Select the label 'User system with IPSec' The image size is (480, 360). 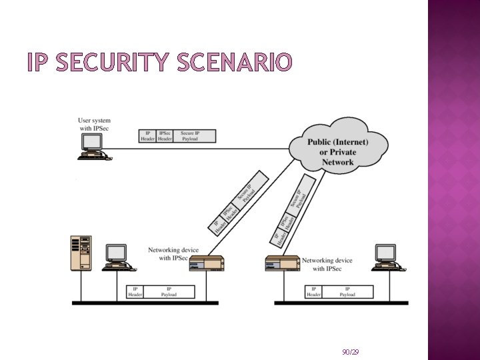coord(94,124)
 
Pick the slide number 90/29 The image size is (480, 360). coord(350,351)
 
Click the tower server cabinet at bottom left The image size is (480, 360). coord(81,253)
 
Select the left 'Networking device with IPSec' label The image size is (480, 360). coord(173,254)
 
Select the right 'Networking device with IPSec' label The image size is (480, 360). coord(327,265)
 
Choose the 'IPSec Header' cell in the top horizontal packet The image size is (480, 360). coord(165,136)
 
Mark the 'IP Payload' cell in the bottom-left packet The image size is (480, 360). coord(169,292)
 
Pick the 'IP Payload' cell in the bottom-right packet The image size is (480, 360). coord(347,292)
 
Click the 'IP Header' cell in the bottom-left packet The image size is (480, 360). coord(135,292)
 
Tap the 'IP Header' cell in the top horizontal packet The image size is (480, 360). coord(148,136)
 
